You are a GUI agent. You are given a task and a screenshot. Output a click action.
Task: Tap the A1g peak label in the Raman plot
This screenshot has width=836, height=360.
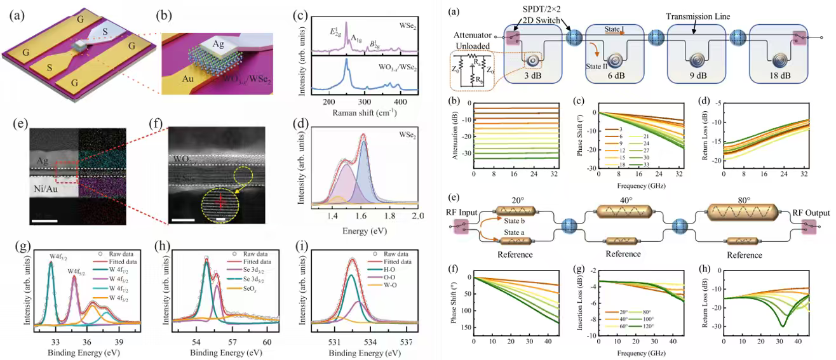pos(351,36)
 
